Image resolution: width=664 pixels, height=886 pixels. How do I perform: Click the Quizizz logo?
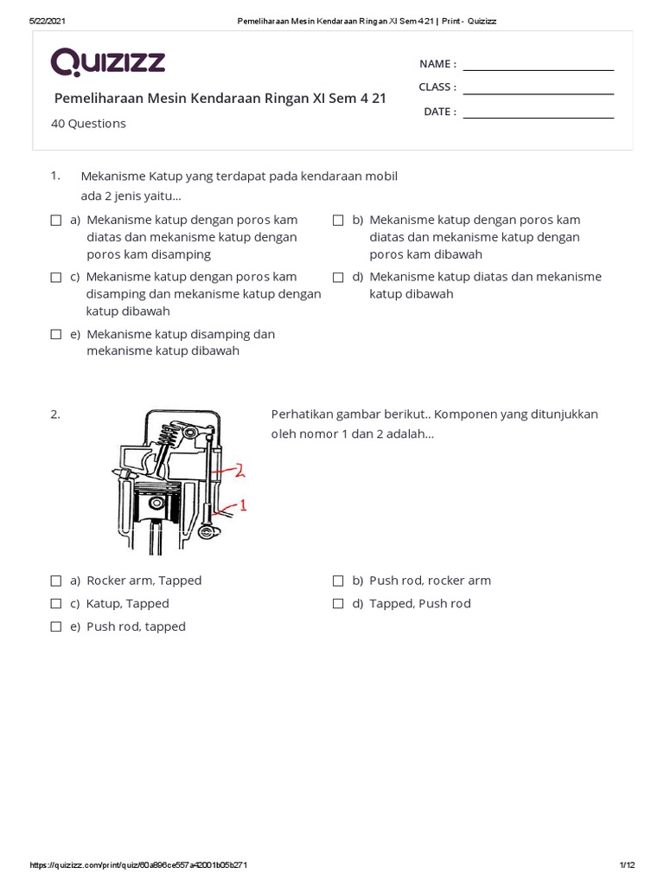point(108,62)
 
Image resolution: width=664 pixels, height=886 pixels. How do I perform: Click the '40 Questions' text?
point(88,124)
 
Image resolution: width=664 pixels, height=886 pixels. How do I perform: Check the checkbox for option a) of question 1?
point(56,221)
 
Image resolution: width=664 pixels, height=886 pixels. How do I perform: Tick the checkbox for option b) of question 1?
point(338,221)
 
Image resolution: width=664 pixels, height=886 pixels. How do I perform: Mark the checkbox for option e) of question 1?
point(56,335)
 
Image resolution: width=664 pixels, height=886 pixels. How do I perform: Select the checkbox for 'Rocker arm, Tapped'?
point(56,581)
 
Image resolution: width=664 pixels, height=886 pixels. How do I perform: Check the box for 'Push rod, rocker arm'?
point(338,581)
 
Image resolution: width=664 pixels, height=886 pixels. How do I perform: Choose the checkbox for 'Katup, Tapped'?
point(56,604)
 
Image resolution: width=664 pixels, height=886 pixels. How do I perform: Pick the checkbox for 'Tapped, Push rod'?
point(338,604)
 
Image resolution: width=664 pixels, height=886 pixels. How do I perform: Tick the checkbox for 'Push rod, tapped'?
point(56,627)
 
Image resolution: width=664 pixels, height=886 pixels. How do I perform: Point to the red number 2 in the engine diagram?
point(239,471)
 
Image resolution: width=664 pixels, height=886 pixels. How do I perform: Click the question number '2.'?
point(55,414)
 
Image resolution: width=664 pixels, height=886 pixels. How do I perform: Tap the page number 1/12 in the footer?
point(627,865)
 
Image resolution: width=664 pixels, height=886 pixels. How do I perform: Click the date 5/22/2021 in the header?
point(48,21)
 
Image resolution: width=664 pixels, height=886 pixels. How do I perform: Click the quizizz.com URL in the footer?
point(139,865)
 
